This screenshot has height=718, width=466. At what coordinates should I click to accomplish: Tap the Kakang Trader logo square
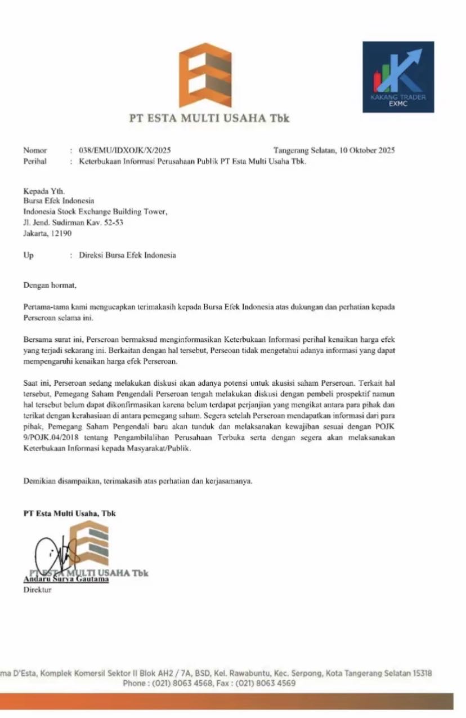tap(398, 77)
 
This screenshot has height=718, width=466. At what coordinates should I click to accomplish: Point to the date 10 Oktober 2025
tap(367, 150)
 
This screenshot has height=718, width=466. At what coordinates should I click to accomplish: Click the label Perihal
tap(35, 162)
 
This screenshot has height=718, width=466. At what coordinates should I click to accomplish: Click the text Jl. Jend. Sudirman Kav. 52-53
tap(73, 222)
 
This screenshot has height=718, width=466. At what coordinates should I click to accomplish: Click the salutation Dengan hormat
tap(49, 286)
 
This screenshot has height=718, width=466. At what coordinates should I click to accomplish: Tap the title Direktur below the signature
tap(37, 590)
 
